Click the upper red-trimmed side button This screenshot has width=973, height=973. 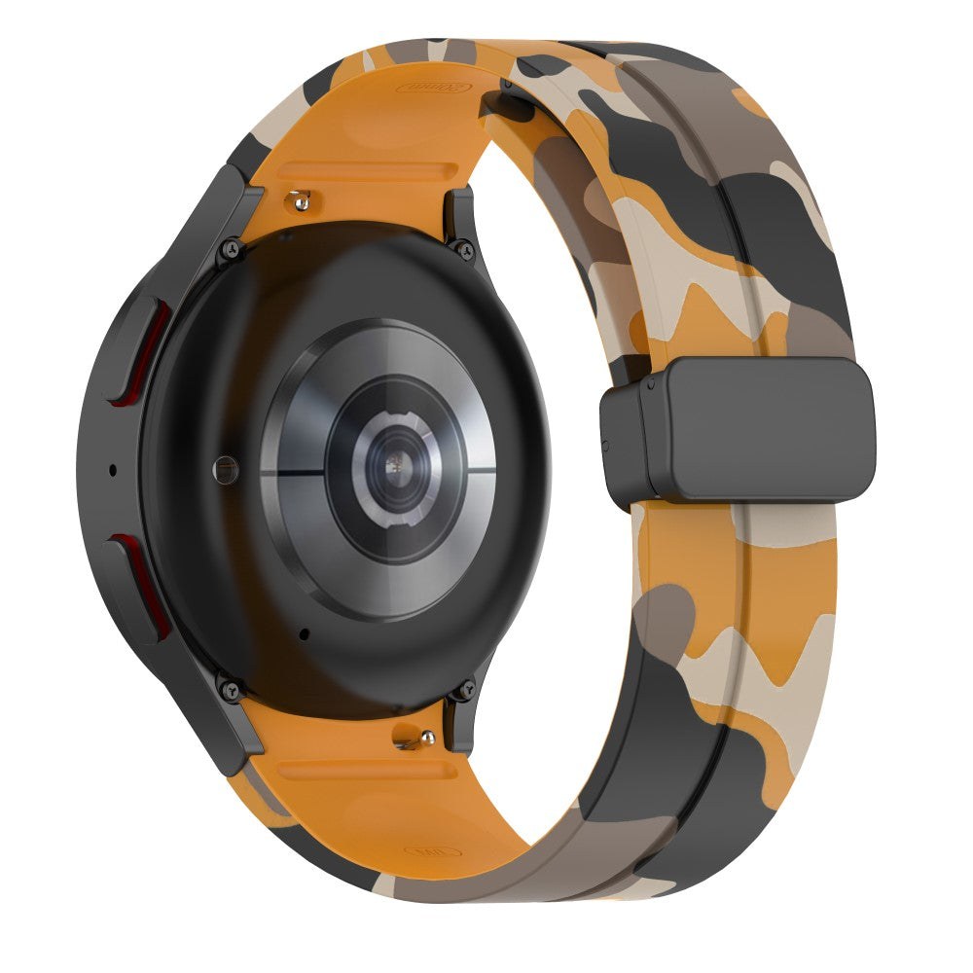click(144, 350)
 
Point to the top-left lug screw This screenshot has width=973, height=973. click(232, 248)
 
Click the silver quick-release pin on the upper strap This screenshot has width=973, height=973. click(301, 200)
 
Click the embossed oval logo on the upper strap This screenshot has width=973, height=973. click(433, 89)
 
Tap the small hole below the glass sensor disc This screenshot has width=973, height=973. click(305, 634)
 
